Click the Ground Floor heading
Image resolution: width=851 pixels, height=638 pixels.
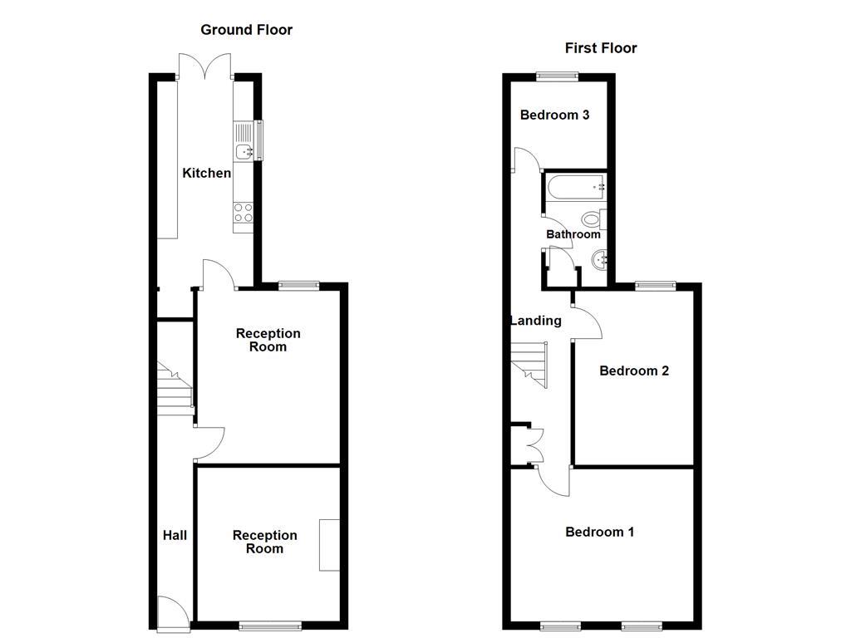[246, 30]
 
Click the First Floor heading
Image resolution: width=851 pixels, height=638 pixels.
[601, 48]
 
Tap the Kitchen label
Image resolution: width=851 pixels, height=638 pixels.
[207, 173]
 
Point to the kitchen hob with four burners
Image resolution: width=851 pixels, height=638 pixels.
[243, 213]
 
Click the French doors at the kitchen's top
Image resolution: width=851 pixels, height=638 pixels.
[206, 66]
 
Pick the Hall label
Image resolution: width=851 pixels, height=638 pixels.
[175, 536]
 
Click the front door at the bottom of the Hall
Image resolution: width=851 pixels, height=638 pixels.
[172, 611]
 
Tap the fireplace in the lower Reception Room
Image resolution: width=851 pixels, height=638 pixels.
[329, 545]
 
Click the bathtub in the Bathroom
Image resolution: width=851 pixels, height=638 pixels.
[575, 189]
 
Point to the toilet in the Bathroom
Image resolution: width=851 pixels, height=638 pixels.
[593, 219]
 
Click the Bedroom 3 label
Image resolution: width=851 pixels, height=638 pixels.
[554, 115]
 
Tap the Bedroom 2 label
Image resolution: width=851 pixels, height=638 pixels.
[634, 371]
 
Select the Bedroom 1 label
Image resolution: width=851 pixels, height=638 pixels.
[599, 532]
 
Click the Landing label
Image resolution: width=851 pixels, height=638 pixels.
[535, 321]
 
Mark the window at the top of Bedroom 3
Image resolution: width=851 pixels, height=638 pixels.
[557, 77]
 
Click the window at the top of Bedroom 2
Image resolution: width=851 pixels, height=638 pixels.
[656, 287]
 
